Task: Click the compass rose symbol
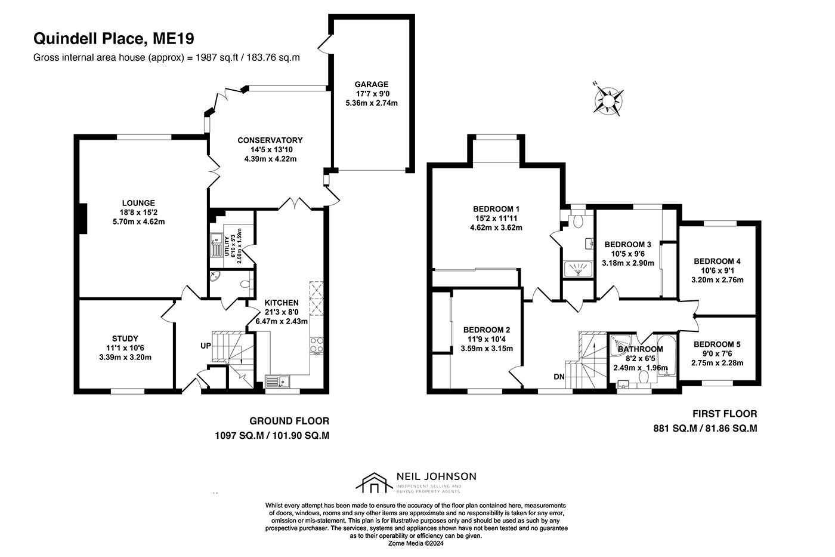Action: [608, 100]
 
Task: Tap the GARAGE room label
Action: [371, 84]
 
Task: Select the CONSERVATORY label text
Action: [270, 140]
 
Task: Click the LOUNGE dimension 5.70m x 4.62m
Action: [138, 221]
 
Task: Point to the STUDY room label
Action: [125, 338]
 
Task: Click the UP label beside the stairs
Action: [206, 346]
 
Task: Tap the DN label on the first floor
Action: [559, 377]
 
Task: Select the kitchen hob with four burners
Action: [317, 346]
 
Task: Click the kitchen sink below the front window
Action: [278, 381]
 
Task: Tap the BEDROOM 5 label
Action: [717, 344]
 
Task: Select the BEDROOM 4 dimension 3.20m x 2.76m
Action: [717, 280]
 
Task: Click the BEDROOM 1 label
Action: [496, 209]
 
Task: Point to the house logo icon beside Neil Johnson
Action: [374, 483]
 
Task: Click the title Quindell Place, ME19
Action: [114, 38]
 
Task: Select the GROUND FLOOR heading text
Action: [289, 421]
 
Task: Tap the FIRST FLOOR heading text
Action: [725, 414]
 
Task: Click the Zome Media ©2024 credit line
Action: [416, 543]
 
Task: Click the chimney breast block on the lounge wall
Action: [83, 219]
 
